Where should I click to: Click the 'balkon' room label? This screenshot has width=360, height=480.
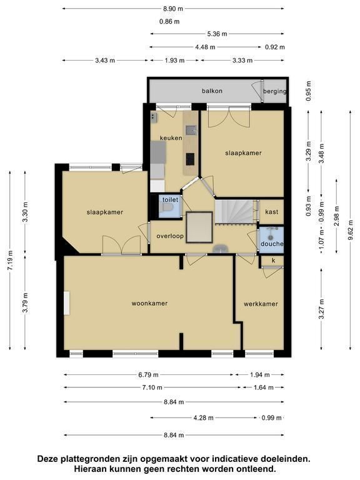click(212, 91)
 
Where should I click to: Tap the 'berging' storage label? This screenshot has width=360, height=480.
click(274, 91)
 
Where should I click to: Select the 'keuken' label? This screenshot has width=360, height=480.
click(171, 138)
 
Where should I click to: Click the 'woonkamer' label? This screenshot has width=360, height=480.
click(150, 303)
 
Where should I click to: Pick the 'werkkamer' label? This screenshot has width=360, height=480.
click(261, 304)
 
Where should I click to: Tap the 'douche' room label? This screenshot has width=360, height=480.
click(272, 244)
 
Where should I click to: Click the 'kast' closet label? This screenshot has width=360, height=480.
click(271, 212)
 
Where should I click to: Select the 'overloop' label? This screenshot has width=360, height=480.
click(170, 236)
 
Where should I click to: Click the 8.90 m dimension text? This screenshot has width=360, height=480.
click(173, 9)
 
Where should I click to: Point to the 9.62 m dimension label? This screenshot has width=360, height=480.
click(351, 231)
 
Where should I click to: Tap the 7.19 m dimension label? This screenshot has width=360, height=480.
click(10, 260)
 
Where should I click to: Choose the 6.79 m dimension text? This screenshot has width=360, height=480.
click(149, 375)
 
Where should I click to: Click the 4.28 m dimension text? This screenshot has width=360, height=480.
click(203, 418)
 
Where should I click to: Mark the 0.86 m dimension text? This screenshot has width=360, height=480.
click(169, 21)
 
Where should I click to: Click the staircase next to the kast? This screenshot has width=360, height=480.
click(236, 211)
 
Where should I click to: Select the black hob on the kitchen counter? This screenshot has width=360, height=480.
click(190, 159)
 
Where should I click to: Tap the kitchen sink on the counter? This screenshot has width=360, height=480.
click(191, 130)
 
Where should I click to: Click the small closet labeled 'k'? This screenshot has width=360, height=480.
click(272, 261)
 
